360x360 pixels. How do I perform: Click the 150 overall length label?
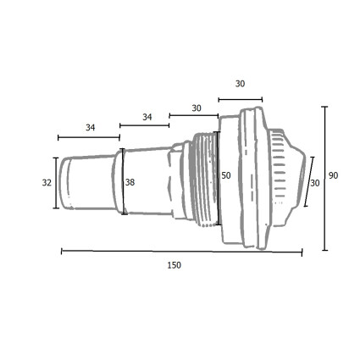174,265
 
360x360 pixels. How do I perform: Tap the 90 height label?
333,175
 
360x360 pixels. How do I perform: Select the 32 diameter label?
47,183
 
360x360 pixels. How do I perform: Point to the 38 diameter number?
130,183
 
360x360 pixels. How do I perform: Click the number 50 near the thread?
226,175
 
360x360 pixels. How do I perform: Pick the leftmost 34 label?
91,128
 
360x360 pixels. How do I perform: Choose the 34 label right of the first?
147,117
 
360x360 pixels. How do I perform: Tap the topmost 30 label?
240,84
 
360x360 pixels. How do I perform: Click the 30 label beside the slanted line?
315,183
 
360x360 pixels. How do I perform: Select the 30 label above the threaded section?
197,108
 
